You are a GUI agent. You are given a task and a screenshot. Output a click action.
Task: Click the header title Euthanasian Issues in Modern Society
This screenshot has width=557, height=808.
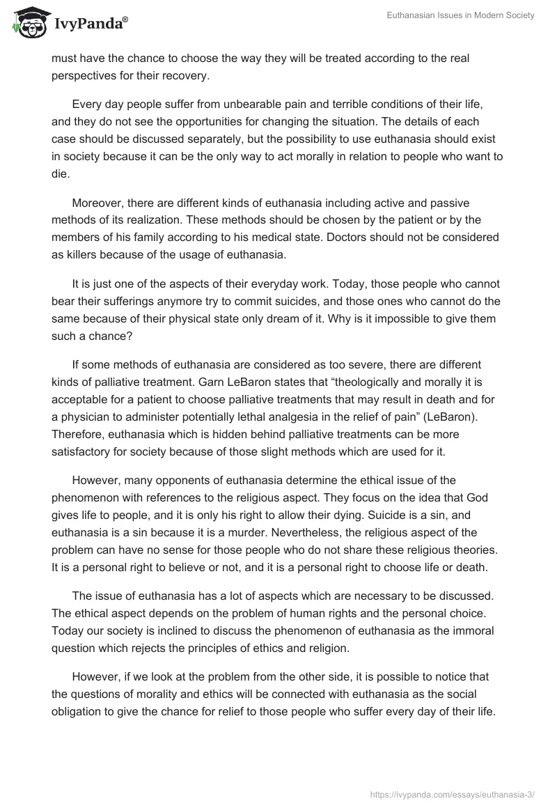pyautogui.click(x=460, y=15)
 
